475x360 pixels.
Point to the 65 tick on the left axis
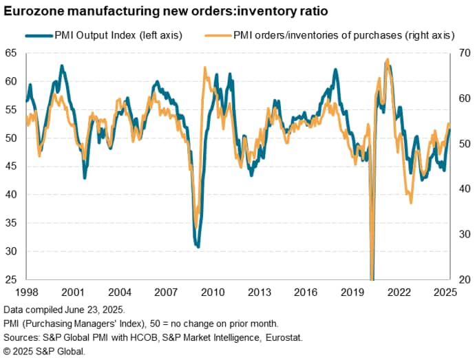[x=10, y=53]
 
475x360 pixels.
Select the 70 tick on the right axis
[x=465, y=53]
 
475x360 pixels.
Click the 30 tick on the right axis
[x=465, y=235]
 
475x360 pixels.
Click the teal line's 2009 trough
[x=198, y=246]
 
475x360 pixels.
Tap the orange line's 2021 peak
[x=388, y=60]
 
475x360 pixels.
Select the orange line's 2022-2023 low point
[x=412, y=202]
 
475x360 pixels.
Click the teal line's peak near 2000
[x=62, y=66]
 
